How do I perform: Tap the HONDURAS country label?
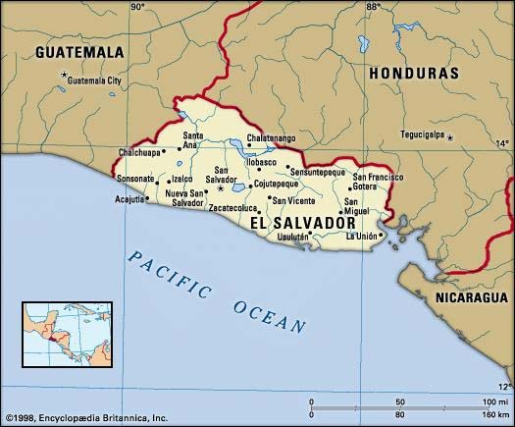413,74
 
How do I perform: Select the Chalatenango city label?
271,138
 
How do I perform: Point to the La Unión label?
362,236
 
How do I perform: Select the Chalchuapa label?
140,152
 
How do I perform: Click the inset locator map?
60,333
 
